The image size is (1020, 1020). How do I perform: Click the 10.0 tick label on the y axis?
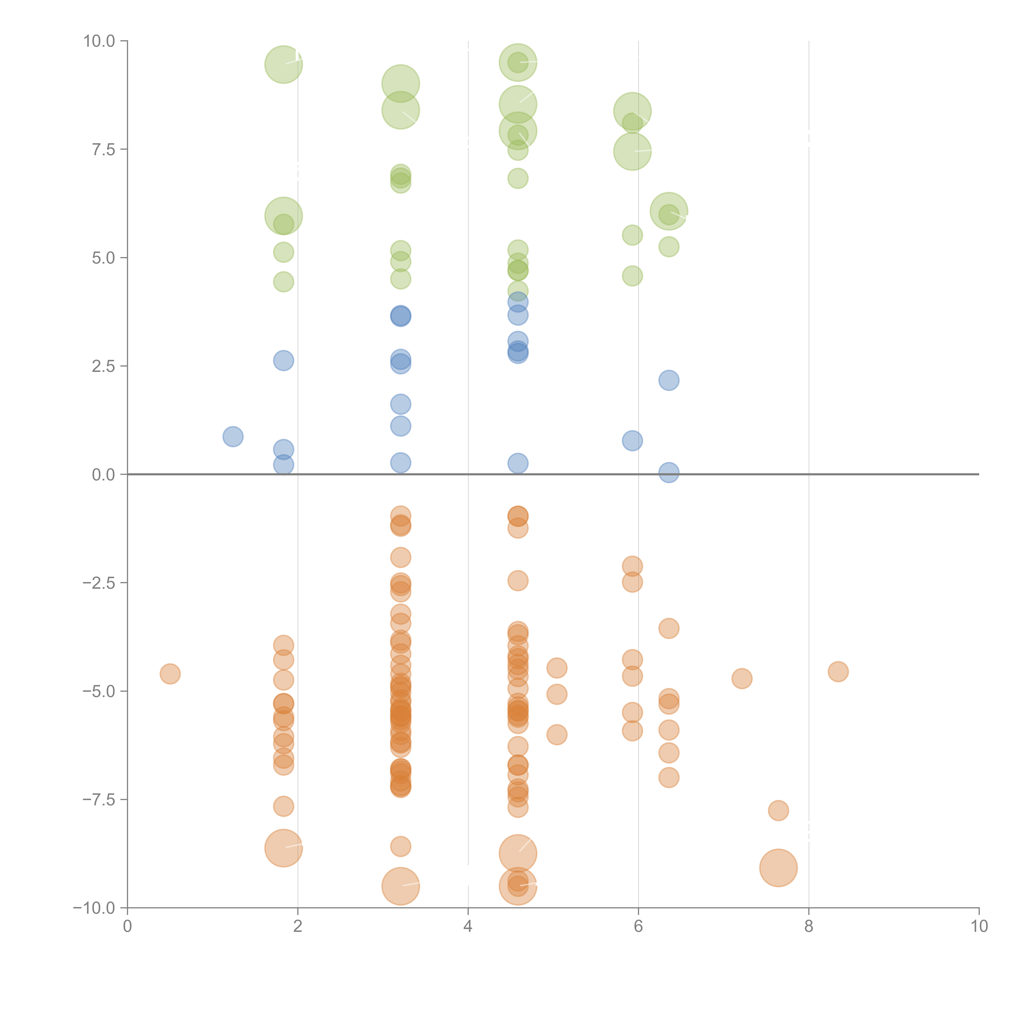click(x=99, y=41)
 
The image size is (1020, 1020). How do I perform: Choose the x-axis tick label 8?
click(x=809, y=927)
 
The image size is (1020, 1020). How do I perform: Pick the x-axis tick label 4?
click(x=468, y=927)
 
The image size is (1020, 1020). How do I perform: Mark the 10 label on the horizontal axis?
click(x=979, y=927)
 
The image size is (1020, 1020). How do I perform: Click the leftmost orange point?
click(x=170, y=674)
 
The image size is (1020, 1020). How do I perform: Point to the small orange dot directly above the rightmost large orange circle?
click(x=778, y=810)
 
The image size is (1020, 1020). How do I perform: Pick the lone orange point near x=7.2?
click(x=742, y=679)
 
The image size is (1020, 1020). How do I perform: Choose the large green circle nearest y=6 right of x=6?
click(x=669, y=211)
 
